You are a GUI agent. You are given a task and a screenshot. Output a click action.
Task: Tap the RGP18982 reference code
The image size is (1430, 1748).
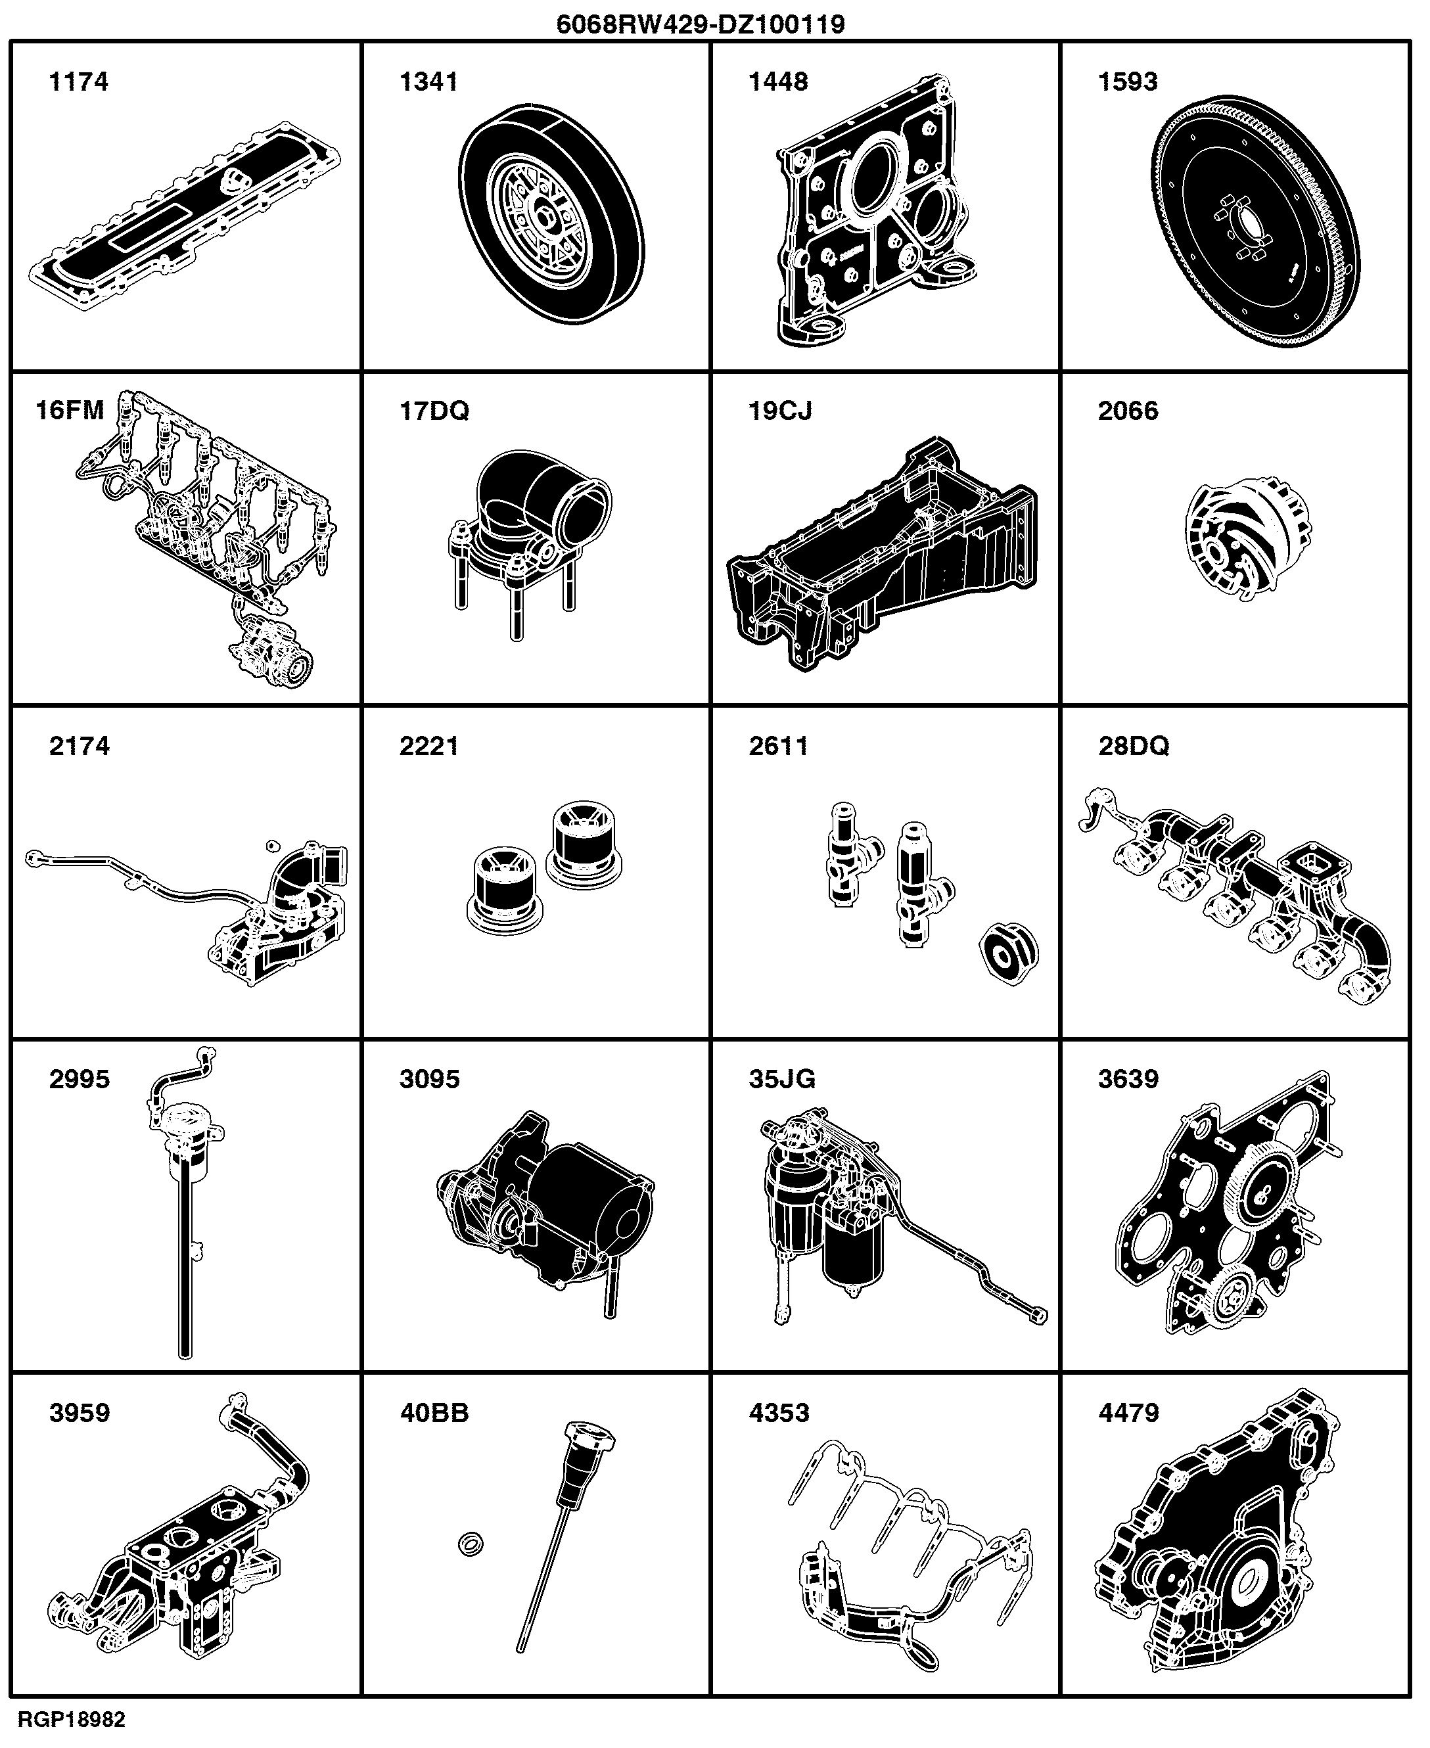coord(72,1719)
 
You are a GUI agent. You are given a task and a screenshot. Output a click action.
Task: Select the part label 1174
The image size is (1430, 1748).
coord(79,81)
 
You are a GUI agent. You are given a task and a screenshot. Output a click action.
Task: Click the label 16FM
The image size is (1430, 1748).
coord(70,410)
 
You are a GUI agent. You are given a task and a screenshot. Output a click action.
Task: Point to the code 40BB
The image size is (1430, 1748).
coord(434,1413)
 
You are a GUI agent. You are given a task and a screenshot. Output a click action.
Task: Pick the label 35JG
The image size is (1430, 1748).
coord(782,1078)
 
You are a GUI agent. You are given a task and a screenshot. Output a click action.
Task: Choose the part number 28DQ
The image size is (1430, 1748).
coord(1134,745)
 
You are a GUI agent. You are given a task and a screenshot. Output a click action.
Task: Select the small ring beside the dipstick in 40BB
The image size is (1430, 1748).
coord(471,1544)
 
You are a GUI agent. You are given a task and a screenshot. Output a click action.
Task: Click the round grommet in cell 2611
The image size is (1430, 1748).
coord(1009,955)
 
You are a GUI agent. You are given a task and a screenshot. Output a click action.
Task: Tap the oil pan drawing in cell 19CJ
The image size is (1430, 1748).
coord(882,553)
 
